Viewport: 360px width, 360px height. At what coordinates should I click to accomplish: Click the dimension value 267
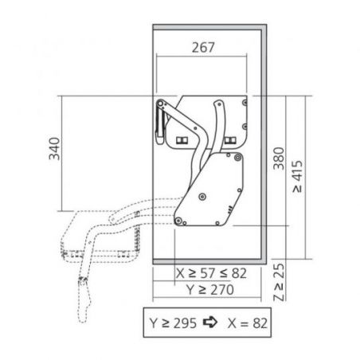(x=203, y=48)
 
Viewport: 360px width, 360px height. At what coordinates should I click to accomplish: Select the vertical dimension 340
(x=54, y=149)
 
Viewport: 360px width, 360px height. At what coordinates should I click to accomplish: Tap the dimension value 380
(x=279, y=158)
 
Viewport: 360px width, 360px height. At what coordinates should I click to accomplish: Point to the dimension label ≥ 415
(x=298, y=176)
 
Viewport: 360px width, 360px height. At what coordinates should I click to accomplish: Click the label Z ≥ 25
(x=279, y=282)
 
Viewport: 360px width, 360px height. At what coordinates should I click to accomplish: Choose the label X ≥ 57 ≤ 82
(x=211, y=273)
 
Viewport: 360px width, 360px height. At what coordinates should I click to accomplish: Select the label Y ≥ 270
(x=210, y=289)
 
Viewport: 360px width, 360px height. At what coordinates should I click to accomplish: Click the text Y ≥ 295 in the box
(x=173, y=323)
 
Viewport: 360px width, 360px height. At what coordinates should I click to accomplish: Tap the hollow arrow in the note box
(x=210, y=323)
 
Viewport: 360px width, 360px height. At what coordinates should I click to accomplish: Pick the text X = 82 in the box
(x=248, y=323)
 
